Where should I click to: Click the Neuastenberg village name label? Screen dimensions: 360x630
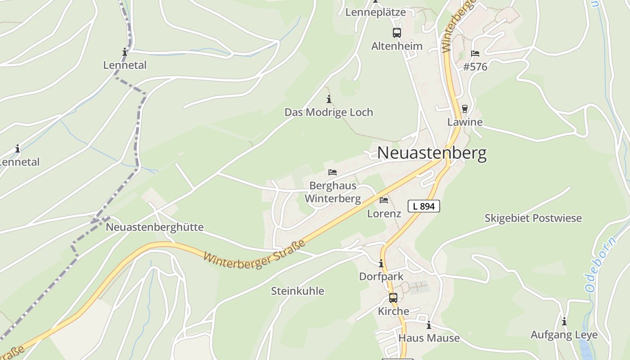tap(432, 153)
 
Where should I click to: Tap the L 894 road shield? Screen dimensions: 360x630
tap(423, 206)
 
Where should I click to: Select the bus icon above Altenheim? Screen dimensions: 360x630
tap(396, 32)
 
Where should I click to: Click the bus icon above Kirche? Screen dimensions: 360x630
tap(393, 297)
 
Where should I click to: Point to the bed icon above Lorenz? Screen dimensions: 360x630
tap(384, 200)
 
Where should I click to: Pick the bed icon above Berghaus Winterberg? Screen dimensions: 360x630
tap(333, 172)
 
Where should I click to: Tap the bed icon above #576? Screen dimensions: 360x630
tap(475, 53)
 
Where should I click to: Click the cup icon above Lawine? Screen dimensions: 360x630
tap(465, 108)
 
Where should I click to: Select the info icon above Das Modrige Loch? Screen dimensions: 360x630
tap(329, 99)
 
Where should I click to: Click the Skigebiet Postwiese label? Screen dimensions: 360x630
tap(533, 218)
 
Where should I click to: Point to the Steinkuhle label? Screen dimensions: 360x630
tap(297, 291)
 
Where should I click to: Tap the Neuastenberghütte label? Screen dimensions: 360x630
tap(154, 227)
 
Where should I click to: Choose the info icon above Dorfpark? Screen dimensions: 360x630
tap(381, 263)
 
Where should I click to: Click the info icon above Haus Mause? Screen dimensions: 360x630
tap(429, 325)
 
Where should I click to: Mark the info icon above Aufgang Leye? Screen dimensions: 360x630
tap(564, 321)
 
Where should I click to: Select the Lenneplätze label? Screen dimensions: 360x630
tap(375, 12)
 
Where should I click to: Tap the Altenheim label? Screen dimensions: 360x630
tap(396, 46)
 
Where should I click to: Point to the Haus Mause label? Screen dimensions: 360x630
tap(429, 338)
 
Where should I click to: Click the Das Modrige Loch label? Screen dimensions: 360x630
tap(328, 112)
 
